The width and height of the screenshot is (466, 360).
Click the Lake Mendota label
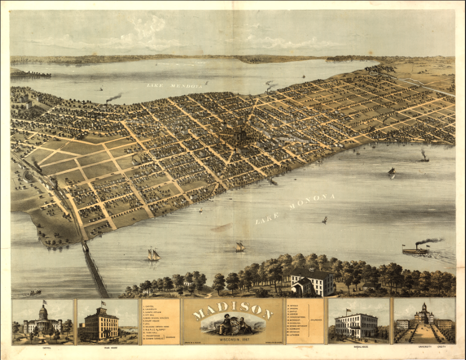174,85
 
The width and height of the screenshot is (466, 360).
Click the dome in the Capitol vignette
44,313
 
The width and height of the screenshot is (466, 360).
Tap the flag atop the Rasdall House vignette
348,310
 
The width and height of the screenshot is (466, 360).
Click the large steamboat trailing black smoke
416,250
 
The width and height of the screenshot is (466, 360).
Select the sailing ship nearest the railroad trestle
153,254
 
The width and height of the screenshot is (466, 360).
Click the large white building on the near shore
312,282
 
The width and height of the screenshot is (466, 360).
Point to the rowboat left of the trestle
35,293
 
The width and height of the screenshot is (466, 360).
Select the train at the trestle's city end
86,247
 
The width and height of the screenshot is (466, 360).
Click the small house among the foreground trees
188,282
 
